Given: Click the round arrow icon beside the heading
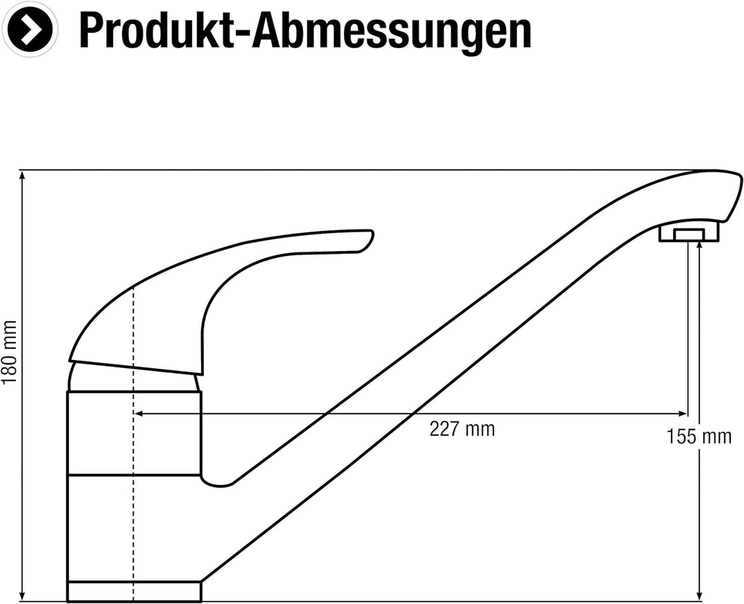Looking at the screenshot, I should tap(30, 30).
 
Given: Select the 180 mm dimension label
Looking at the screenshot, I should tap(9, 352).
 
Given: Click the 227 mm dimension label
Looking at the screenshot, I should tap(462, 429).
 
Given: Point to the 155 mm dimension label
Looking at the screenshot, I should tap(699, 436).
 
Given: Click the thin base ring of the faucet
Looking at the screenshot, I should tap(134, 592).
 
